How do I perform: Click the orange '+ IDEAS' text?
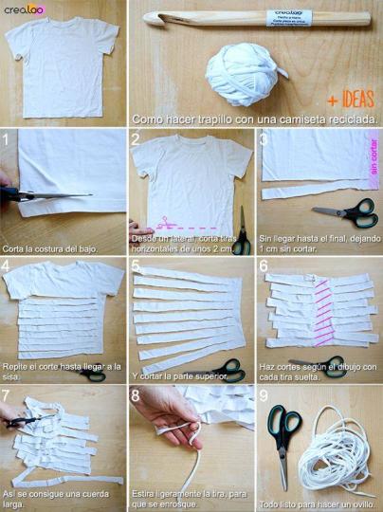click(351, 101)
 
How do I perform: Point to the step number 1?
click(7, 141)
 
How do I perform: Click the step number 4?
click(7, 267)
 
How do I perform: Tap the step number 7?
click(7, 393)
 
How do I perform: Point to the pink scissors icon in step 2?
click(164, 224)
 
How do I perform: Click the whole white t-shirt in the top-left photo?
click(62, 64)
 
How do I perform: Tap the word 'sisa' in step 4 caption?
click(13, 376)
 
